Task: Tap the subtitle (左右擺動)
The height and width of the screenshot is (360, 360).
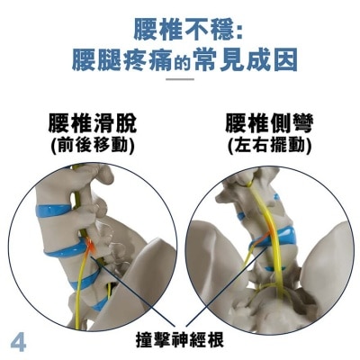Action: coord(269,144)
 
